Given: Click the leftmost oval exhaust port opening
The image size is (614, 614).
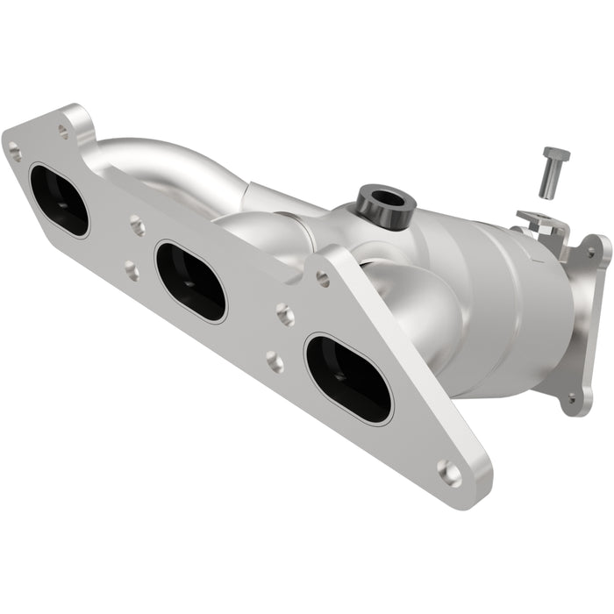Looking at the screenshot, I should [59, 200].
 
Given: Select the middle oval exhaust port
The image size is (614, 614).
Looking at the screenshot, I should [190, 282].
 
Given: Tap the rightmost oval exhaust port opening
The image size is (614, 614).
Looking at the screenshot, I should [348, 377].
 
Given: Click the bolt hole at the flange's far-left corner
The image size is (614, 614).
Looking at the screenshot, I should [15, 152].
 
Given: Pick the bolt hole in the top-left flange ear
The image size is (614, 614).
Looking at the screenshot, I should [63, 131].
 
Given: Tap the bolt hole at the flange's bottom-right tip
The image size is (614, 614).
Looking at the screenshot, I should [449, 474].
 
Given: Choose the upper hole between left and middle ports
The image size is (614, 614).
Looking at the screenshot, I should [138, 226].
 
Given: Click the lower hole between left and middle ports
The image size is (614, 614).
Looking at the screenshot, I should [132, 270].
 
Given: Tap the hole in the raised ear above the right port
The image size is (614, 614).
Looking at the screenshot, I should [323, 279].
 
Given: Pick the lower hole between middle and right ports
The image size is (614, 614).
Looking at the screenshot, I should [275, 360].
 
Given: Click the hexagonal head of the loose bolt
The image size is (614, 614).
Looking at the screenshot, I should [555, 155].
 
